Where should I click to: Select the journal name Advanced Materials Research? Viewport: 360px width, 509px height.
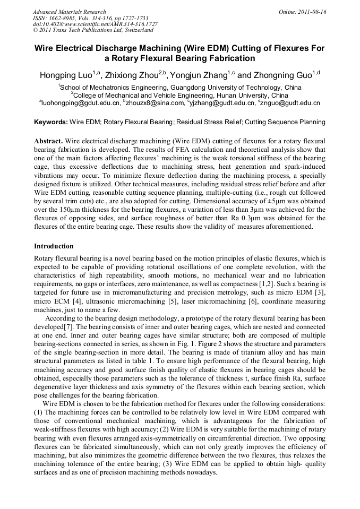pos(69,12)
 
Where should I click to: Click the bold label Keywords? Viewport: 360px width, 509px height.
pos(51,122)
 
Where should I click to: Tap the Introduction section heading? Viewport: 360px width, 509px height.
pos(54,246)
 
